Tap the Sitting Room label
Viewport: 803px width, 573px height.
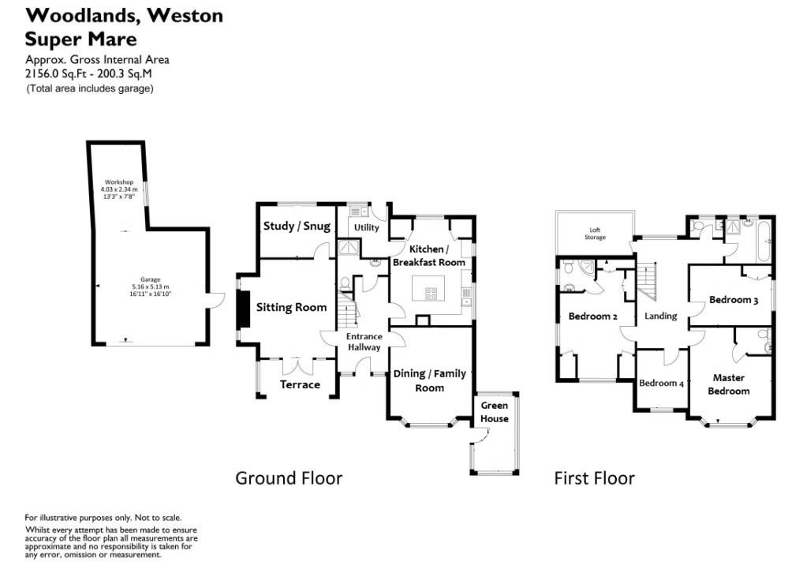pyautogui.click(x=290, y=307)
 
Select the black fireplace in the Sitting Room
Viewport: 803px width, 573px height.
pyautogui.click(x=244, y=308)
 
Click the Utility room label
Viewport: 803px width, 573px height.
pyautogui.click(x=367, y=227)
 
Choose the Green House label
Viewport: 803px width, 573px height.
pyautogui.click(x=495, y=412)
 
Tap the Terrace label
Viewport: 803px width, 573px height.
pyautogui.click(x=301, y=384)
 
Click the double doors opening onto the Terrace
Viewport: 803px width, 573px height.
pyautogui.click(x=300, y=365)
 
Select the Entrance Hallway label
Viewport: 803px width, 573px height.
pyautogui.click(x=364, y=342)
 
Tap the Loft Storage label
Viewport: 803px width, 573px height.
pyautogui.click(x=595, y=233)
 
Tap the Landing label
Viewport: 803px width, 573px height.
pyautogui.click(x=661, y=316)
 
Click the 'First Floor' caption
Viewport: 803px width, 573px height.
pyautogui.click(x=594, y=477)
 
